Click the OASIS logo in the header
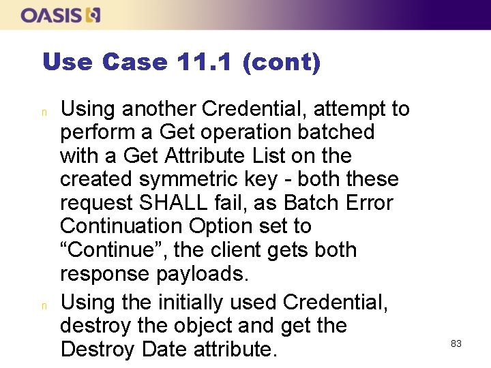point(61,14)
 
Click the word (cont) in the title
point(280,62)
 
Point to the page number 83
point(456,343)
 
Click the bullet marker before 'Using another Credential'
point(44,110)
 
